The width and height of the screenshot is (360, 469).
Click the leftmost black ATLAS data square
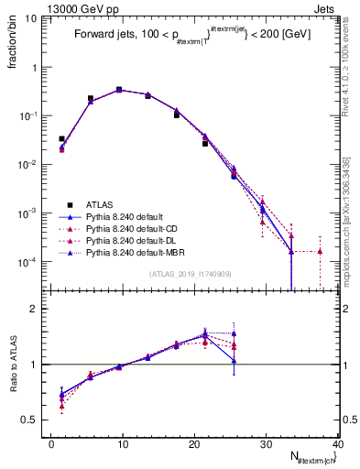point(61,138)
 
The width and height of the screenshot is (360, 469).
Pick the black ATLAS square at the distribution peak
point(119,90)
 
